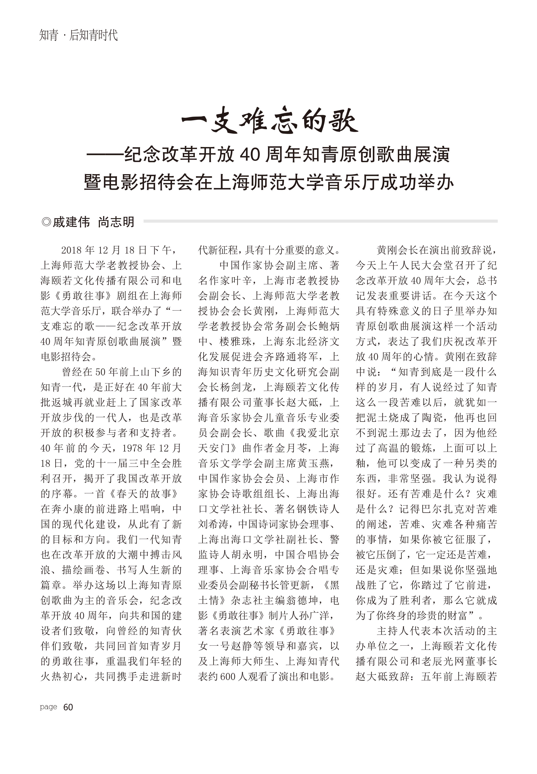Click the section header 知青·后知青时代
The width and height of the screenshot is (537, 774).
click(78, 35)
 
